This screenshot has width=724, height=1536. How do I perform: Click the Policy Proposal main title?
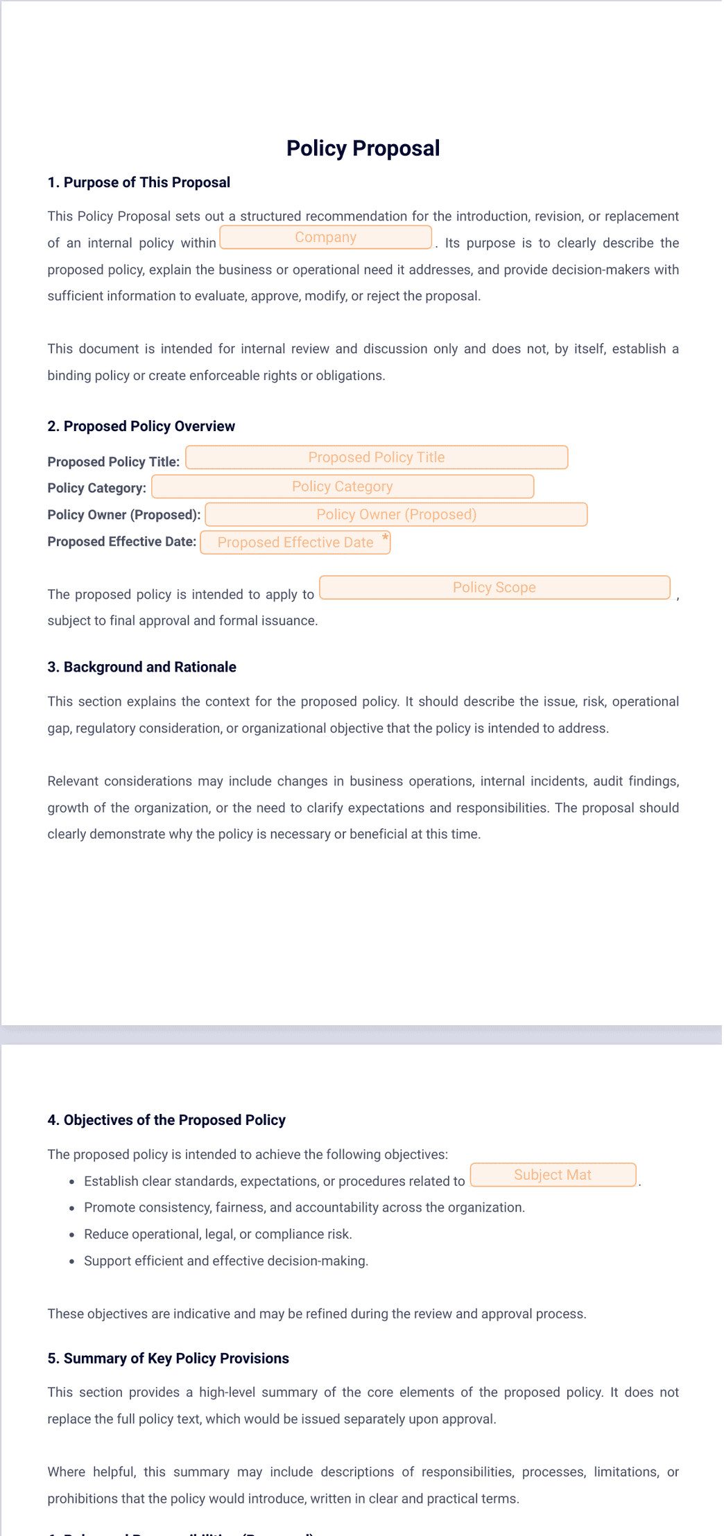click(x=363, y=148)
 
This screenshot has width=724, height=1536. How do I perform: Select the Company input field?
click(x=325, y=237)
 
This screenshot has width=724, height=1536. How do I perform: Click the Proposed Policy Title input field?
click(x=377, y=457)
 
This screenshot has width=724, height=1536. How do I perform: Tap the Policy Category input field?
click(x=343, y=487)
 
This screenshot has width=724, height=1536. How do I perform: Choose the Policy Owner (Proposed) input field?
click(x=396, y=514)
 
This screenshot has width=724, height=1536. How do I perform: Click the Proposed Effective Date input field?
click(x=295, y=543)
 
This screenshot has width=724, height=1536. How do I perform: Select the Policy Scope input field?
click(x=494, y=588)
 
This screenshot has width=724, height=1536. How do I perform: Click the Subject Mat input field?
click(x=553, y=1175)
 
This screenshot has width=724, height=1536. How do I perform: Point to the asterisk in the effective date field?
click(x=386, y=538)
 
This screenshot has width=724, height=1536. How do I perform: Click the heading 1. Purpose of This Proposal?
click(x=139, y=182)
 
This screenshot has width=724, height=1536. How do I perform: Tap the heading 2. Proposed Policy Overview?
click(x=141, y=426)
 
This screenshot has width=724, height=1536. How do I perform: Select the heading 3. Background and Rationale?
click(x=141, y=667)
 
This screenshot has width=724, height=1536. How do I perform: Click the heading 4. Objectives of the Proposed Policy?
click(x=166, y=1120)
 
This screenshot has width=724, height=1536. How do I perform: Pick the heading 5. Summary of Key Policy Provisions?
click(x=168, y=1359)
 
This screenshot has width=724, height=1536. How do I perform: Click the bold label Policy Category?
click(x=96, y=488)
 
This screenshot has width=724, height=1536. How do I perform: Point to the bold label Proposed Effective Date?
click(x=121, y=542)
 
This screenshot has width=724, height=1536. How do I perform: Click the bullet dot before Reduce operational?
click(x=71, y=1234)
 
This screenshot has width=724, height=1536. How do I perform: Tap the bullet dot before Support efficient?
click(x=71, y=1262)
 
